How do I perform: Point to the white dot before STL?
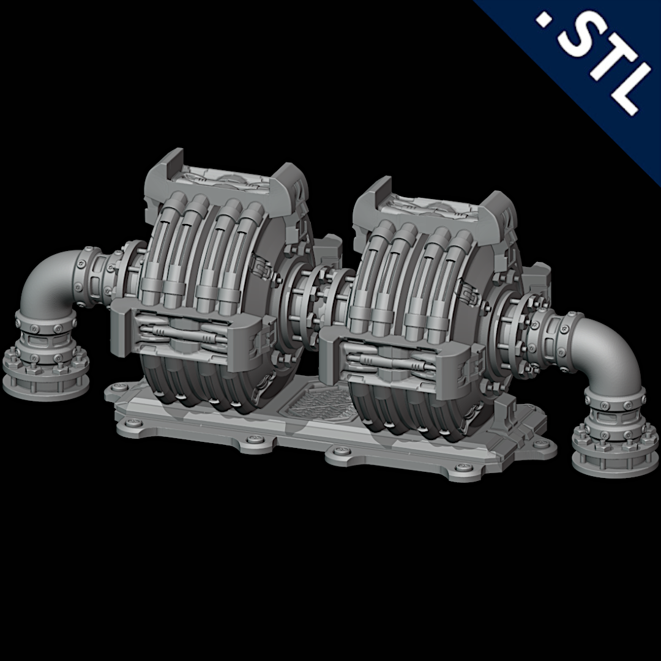tap(542, 21)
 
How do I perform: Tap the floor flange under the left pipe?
tap(45, 370)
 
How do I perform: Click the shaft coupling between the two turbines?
tap(316, 294)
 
